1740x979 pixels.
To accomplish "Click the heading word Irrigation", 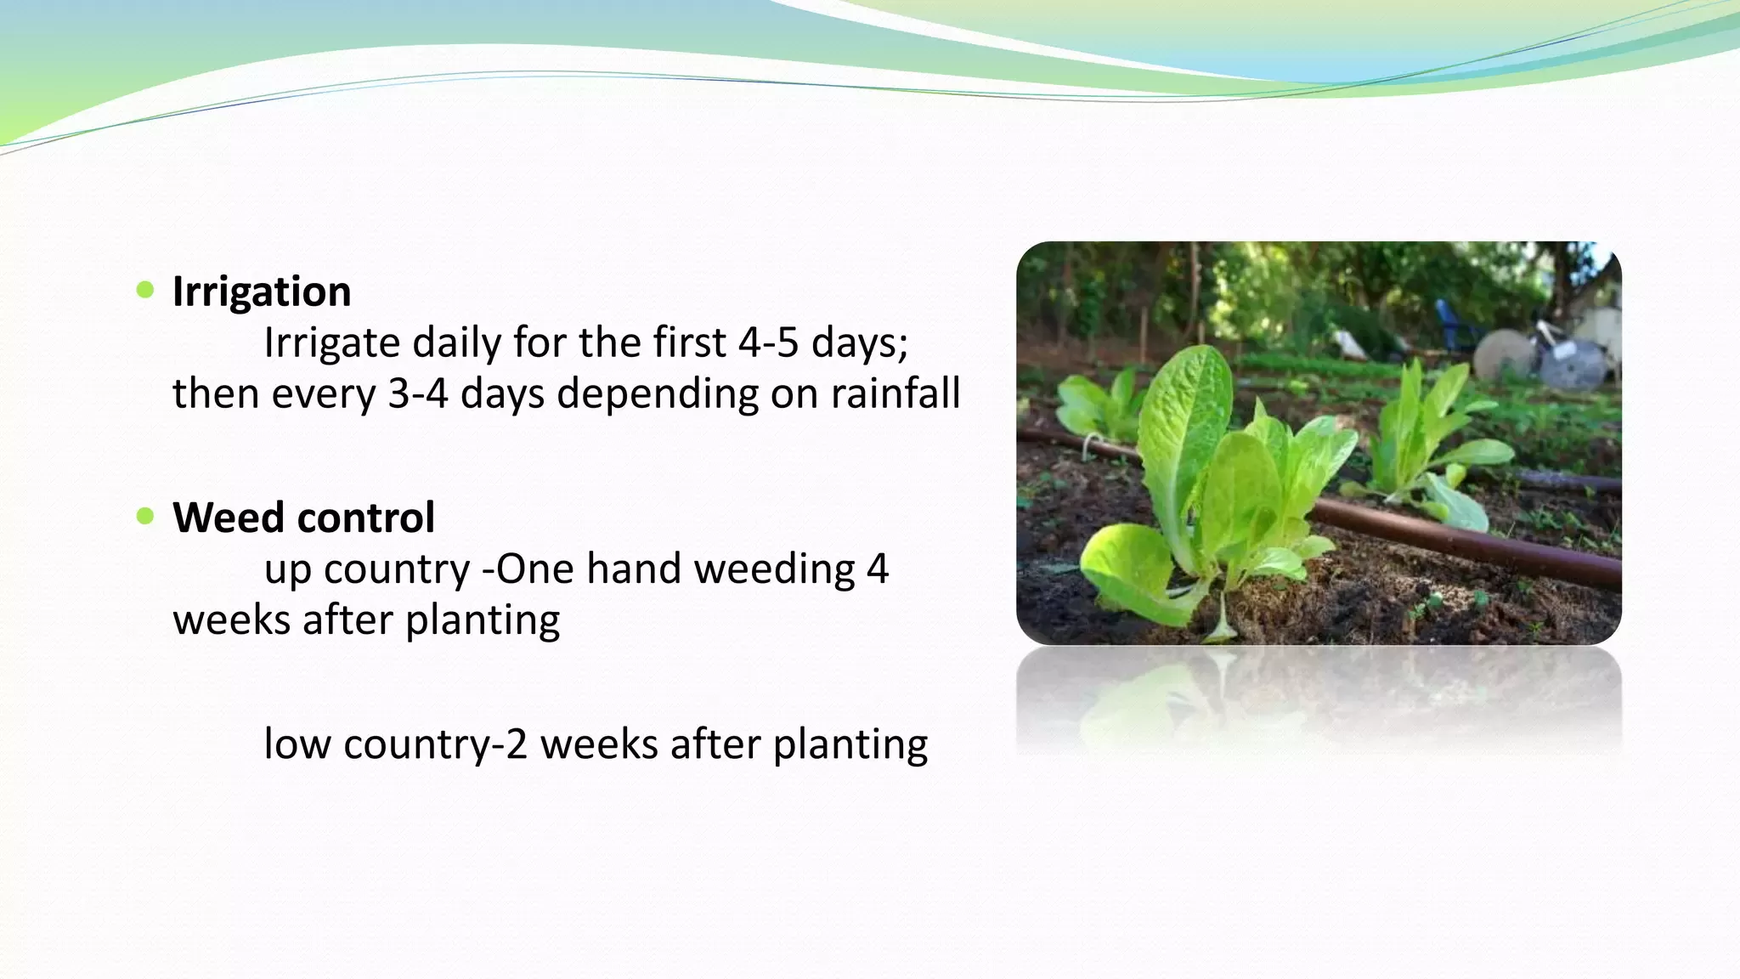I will tap(261, 291).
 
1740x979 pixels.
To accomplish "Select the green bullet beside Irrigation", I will tap(145, 290).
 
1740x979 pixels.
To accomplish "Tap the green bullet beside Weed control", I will tap(145, 516).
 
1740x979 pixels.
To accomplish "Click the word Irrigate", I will tap(331, 344).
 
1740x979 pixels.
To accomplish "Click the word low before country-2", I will tap(297, 744).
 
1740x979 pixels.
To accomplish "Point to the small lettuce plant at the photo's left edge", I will tap(1096, 408).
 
